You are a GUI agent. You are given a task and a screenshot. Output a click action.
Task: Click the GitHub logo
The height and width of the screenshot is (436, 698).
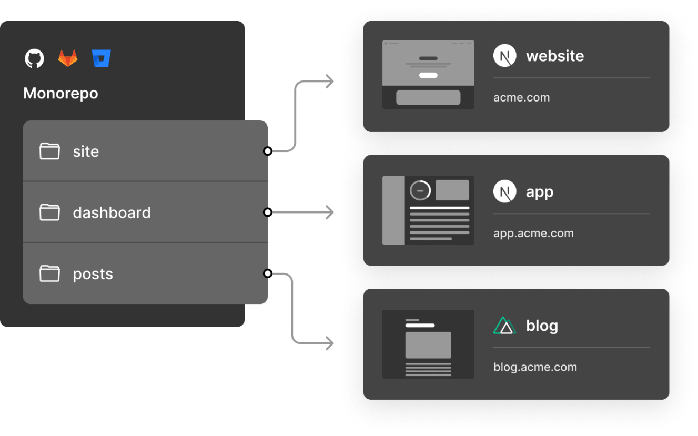[x=34, y=58]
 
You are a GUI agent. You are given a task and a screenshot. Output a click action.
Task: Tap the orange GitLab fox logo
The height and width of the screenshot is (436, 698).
[x=68, y=58]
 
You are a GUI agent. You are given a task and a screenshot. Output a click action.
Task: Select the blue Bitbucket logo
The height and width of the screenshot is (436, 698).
[x=102, y=58]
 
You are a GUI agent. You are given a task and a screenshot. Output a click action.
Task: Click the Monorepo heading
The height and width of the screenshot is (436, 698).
[x=60, y=94]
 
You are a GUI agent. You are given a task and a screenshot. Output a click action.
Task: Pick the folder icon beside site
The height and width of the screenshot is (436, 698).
[x=49, y=151]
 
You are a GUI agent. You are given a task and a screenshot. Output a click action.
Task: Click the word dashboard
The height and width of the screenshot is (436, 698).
[x=112, y=213]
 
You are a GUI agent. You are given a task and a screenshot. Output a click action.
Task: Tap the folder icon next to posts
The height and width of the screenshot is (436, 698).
[x=49, y=273]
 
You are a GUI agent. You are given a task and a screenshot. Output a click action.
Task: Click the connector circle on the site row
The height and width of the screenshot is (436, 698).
[x=268, y=151]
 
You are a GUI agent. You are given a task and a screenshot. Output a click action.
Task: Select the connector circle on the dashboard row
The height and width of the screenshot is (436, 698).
[x=268, y=212]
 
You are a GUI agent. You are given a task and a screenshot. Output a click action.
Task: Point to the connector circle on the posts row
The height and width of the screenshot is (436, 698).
[x=268, y=273]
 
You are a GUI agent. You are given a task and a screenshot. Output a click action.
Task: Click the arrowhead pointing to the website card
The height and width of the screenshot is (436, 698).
[x=330, y=82]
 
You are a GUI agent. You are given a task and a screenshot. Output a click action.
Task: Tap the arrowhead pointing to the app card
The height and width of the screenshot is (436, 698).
[x=330, y=212]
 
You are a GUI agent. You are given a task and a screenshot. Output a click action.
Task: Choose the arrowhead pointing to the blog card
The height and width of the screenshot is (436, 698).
[x=330, y=343]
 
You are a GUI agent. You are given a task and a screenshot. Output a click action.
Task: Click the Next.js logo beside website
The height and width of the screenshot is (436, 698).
[x=505, y=55]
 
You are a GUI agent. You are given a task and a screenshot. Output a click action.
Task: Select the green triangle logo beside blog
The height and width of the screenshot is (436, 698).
[x=505, y=326]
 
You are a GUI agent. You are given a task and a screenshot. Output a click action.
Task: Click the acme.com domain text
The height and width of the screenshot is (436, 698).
[x=522, y=97]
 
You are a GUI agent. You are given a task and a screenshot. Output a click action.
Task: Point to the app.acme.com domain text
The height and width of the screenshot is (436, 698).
[x=533, y=234]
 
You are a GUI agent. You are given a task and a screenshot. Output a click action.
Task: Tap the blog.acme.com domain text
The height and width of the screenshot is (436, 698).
[x=535, y=367]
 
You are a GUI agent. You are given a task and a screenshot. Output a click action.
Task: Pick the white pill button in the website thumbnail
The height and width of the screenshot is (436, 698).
[x=428, y=75]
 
